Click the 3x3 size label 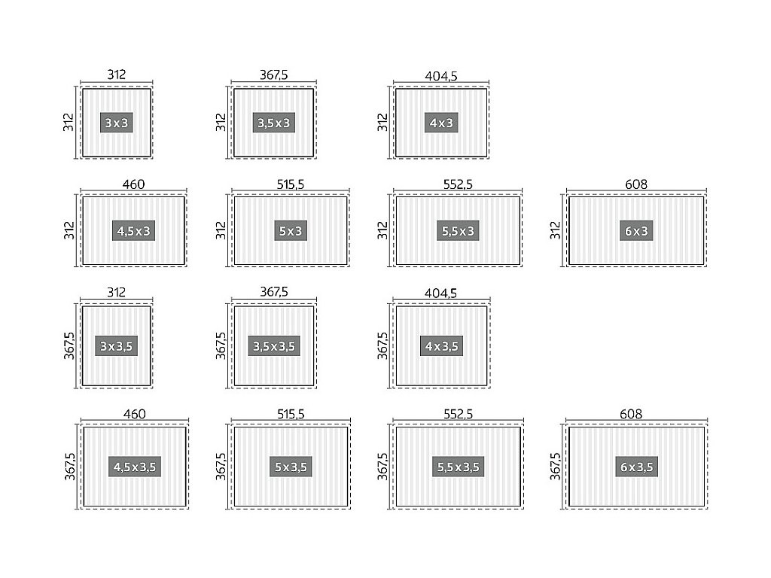click(x=117, y=123)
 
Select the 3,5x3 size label click(x=273, y=123)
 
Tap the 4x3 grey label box click(x=441, y=123)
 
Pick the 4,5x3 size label click(x=134, y=231)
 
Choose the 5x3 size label click(x=291, y=231)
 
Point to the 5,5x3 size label click(x=458, y=231)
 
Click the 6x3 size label click(x=636, y=231)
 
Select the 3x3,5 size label click(x=117, y=346)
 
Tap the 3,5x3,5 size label click(x=274, y=346)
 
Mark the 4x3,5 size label click(x=441, y=346)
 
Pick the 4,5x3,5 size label click(x=135, y=467)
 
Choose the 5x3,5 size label click(x=291, y=467)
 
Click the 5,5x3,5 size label click(x=459, y=467)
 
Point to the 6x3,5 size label click(x=636, y=467)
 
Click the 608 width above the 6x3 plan click(x=636, y=184)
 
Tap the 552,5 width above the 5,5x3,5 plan click(x=459, y=414)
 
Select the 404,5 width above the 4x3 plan click(x=441, y=75)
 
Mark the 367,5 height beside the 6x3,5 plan click(x=556, y=467)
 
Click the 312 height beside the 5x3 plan click(x=221, y=230)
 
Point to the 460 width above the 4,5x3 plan click(x=134, y=184)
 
